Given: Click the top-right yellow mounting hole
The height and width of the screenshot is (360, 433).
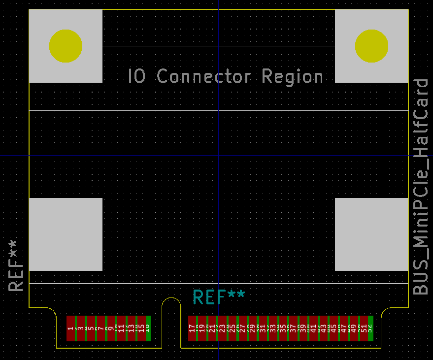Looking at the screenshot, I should click(x=371, y=46).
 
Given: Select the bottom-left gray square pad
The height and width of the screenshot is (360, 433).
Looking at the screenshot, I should click(x=66, y=234).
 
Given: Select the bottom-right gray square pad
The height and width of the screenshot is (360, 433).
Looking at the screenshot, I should click(x=371, y=234).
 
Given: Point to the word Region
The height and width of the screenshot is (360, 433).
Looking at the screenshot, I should click(x=293, y=77).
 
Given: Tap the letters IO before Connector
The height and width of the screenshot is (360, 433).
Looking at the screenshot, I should click(x=136, y=77).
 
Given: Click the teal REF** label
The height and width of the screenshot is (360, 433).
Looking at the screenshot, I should click(x=219, y=297).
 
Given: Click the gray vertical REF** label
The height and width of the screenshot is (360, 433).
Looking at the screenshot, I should click(x=16, y=266).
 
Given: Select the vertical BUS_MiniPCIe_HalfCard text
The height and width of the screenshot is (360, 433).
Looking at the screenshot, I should click(x=421, y=187).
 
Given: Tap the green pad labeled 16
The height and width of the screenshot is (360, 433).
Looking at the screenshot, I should click(x=148, y=328).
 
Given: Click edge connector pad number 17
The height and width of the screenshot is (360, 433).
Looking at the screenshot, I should click(x=192, y=328).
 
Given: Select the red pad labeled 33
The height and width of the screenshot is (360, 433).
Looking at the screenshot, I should click(x=272, y=328).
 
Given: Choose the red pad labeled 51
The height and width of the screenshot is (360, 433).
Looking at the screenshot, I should click(x=364, y=328).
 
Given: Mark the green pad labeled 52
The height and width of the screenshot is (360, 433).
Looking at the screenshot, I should click(x=370, y=328).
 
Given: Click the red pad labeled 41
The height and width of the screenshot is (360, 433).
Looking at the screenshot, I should click(x=313, y=328).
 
